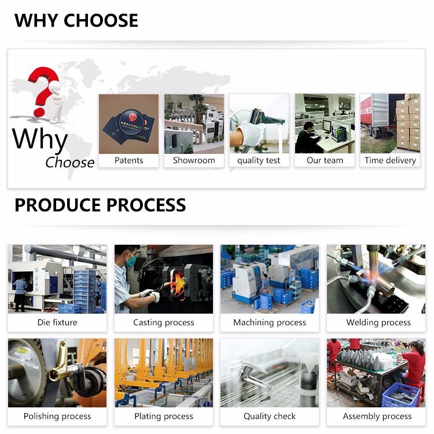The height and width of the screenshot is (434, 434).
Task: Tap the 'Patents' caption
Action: pyautogui.click(x=128, y=160)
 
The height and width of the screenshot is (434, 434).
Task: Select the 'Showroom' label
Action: pyautogui.click(x=194, y=160)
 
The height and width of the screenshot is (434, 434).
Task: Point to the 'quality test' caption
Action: pyautogui.click(x=259, y=160)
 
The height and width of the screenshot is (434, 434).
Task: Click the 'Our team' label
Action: pyautogui.click(x=325, y=160)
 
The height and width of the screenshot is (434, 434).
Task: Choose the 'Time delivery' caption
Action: pyautogui.click(x=390, y=160)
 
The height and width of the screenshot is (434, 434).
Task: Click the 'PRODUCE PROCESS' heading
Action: pyautogui.click(x=100, y=205)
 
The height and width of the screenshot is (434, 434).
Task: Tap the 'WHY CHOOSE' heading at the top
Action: pyautogui.click(x=76, y=20)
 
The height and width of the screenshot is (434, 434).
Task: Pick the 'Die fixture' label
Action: pyautogui.click(x=57, y=322)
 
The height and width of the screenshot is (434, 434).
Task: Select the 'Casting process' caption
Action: pyautogui.click(x=164, y=322)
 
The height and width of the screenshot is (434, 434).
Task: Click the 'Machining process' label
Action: pyautogui.click(x=270, y=322)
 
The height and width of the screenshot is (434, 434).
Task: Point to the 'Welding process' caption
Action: pyautogui.click(x=378, y=322)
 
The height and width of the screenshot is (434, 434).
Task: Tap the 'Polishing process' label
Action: pyautogui.click(x=57, y=416)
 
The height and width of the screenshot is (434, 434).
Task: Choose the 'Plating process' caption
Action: pyautogui.click(x=164, y=416)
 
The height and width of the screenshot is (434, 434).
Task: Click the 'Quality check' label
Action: pyautogui.click(x=270, y=416)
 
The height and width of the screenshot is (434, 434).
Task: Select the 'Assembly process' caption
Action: pyautogui.click(x=377, y=416)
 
